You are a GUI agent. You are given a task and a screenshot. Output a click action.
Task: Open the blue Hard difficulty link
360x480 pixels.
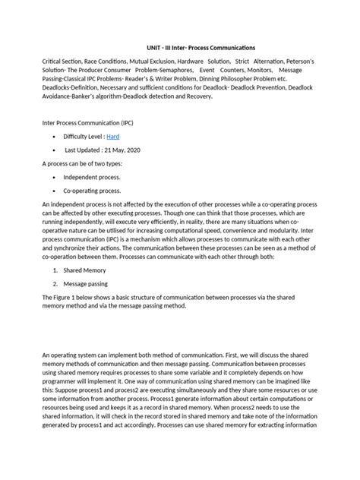click(x=134, y=136)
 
